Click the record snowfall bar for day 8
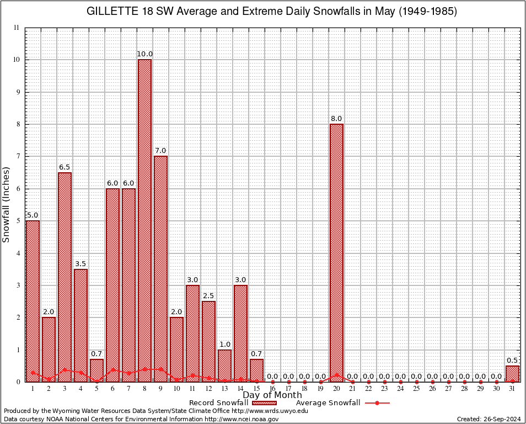(x=144, y=221)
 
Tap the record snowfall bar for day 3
(x=65, y=276)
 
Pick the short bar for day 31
(x=512, y=373)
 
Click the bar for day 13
(x=224, y=365)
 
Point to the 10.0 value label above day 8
(x=145, y=54)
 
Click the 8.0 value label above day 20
(x=336, y=118)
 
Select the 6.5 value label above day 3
(x=65, y=167)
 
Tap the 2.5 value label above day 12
(x=208, y=295)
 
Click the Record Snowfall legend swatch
(x=265, y=403)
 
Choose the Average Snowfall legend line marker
(x=377, y=403)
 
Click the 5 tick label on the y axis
(x=17, y=221)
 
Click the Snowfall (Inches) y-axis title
(x=7, y=204)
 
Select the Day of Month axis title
(x=272, y=395)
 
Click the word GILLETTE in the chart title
(x=110, y=12)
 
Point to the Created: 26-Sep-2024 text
(x=489, y=419)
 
